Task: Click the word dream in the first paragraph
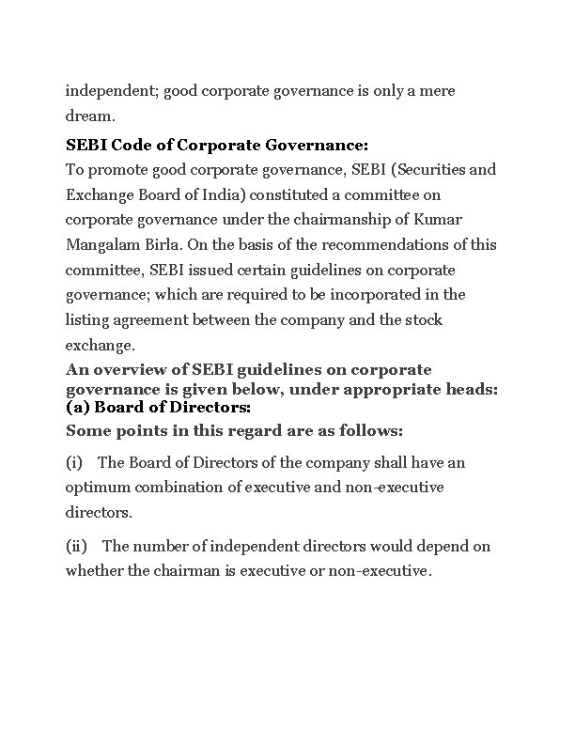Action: (86, 116)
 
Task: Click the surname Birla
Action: (161, 245)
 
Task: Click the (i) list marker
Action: (74, 463)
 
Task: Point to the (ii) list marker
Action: (76, 547)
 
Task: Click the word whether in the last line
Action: (93, 571)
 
